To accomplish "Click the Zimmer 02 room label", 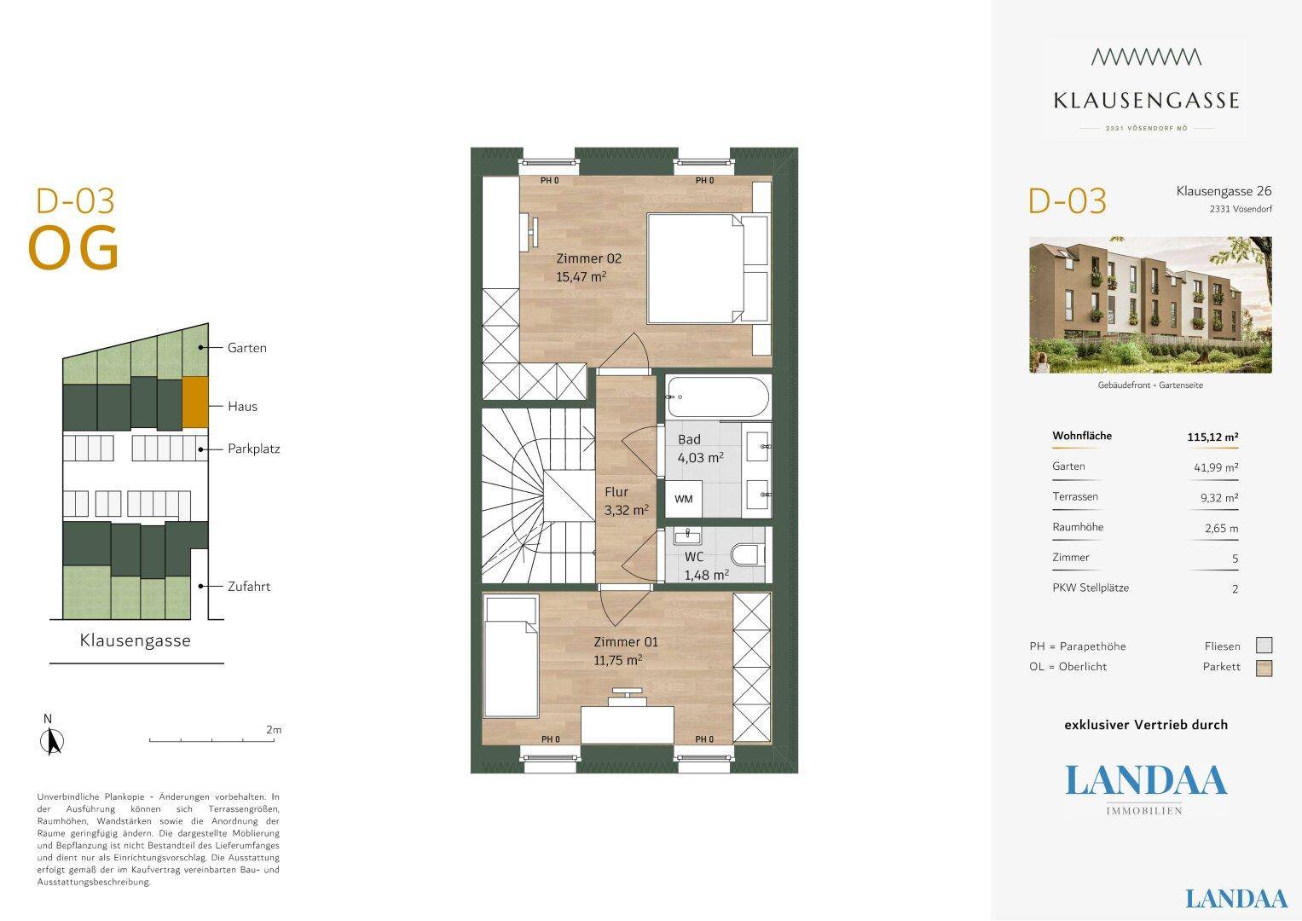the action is pyautogui.click(x=589, y=258).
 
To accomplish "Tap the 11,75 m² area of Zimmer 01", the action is pyautogui.click(x=618, y=661).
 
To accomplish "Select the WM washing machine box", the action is pyautogui.click(x=684, y=499).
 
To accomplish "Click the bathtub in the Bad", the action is pyautogui.click(x=718, y=397).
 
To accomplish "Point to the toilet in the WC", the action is pyautogui.click(x=748, y=554).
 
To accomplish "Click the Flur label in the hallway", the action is pyautogui.click(x=616, y=492).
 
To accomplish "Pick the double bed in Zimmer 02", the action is pyautogui.click(x=709, y=268).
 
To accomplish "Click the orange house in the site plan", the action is pyautogui.click(x=195, y=402).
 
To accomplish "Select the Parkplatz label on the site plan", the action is pyautogui.click(x=254, y=449).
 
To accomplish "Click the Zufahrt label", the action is pyautogui.click(x=249, y=587).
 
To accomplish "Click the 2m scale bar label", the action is pyautogui.click(x=274, y=730).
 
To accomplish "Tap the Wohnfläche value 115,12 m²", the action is pyautogui.click(x=1212, y=437).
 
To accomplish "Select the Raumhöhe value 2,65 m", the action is pyautogui.click(x=1221, y=529).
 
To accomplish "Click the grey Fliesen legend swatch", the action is pyautogui.click(x=1264, y=646).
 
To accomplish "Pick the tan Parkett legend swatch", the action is pyautogui.click(x=1264, y=668).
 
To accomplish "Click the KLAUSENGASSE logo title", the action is pyautogui.click(x=1146, y=101).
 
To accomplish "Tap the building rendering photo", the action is pyautogui.click(x=1150, y=304).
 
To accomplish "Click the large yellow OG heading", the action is pyautogui.click(x=73, y=247).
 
